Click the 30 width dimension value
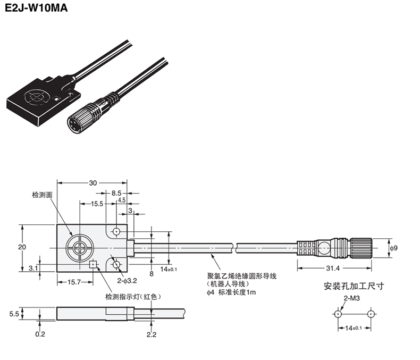(x=93, y=183)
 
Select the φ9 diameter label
(x=393, y=248)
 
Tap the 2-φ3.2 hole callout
(x=127, y=280)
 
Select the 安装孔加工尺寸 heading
(x=354, y=286)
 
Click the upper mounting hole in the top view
(x=116, y=231)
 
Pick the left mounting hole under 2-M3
(x=338, y=314)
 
